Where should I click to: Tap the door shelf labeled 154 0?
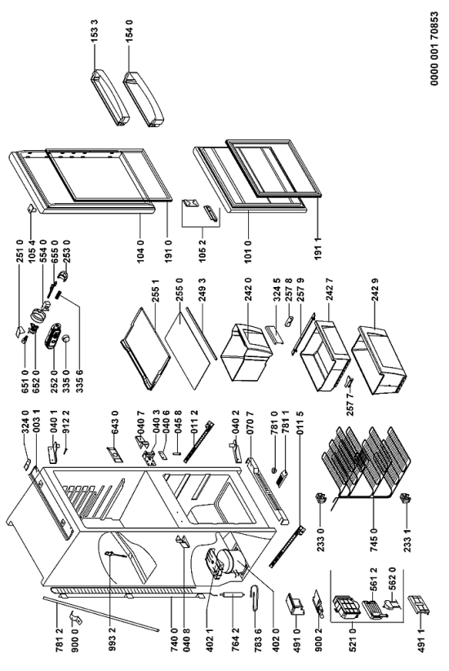tap(144, 99)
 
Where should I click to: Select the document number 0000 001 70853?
tap(434, 48)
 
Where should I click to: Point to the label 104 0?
tap(141, 251)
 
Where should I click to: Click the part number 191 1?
tap(317, 250)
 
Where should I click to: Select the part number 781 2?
tap(59, 642)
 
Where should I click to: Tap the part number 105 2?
tap(202, 251)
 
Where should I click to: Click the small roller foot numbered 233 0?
tap(320, 497)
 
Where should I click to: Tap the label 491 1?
tap(421, 642)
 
